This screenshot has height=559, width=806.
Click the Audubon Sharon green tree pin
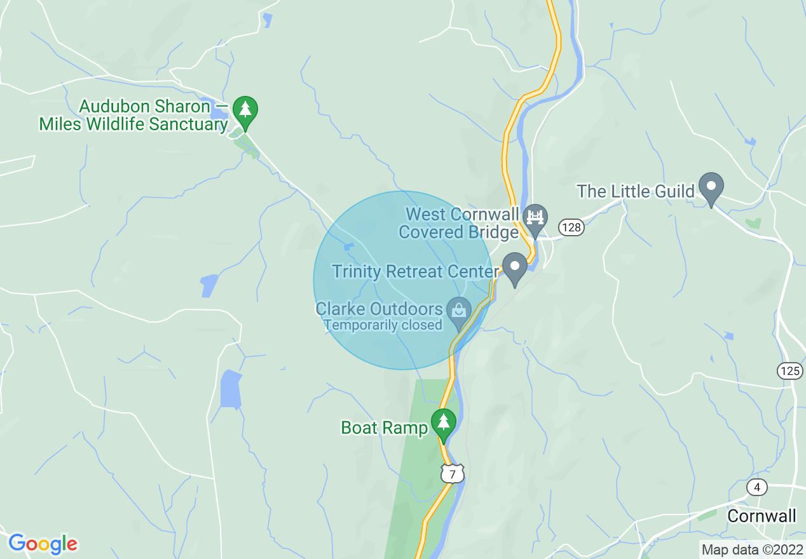(x=245, y=110)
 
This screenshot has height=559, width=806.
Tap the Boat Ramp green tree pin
(x=443, y=422)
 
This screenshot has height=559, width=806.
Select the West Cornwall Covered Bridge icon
(x=535, y=217)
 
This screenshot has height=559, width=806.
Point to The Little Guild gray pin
(x=711, y=187)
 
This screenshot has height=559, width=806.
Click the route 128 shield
(x=571, y=227)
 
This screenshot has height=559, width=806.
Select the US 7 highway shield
(x=453, y=473)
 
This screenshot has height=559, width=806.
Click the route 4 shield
(x=756, y=487)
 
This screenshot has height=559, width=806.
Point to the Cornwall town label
(x=762, y=516)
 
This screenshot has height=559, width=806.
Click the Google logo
(x=43, y=544)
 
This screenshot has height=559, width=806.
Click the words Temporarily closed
(x=383, y=325)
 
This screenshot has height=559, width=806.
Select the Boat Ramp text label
(x=385, y=428)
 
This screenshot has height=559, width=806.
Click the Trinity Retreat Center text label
(x=415, y=272)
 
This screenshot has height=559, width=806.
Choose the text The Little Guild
(x=635, y=191)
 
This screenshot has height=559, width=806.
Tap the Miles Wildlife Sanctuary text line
(x=133, y=124)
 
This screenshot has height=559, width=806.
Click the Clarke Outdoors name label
(x=379, y=309)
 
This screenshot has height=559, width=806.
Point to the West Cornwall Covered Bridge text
(x=459, y=223)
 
